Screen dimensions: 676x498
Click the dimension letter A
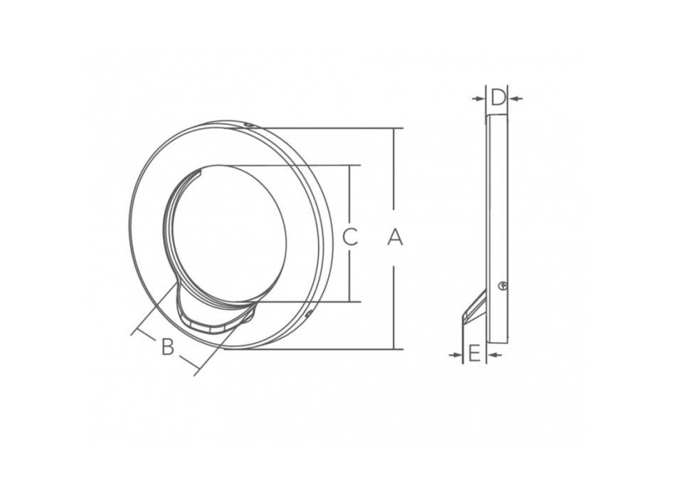394,238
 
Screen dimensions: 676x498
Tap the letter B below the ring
168,346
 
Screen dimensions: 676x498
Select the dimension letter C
350,237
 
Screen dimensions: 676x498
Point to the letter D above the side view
497,97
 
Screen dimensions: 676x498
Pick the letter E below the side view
474,354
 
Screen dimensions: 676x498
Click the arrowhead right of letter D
515,99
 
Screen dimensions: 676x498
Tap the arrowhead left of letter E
455,355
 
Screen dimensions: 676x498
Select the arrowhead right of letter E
495,355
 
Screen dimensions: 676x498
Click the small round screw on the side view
502,285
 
